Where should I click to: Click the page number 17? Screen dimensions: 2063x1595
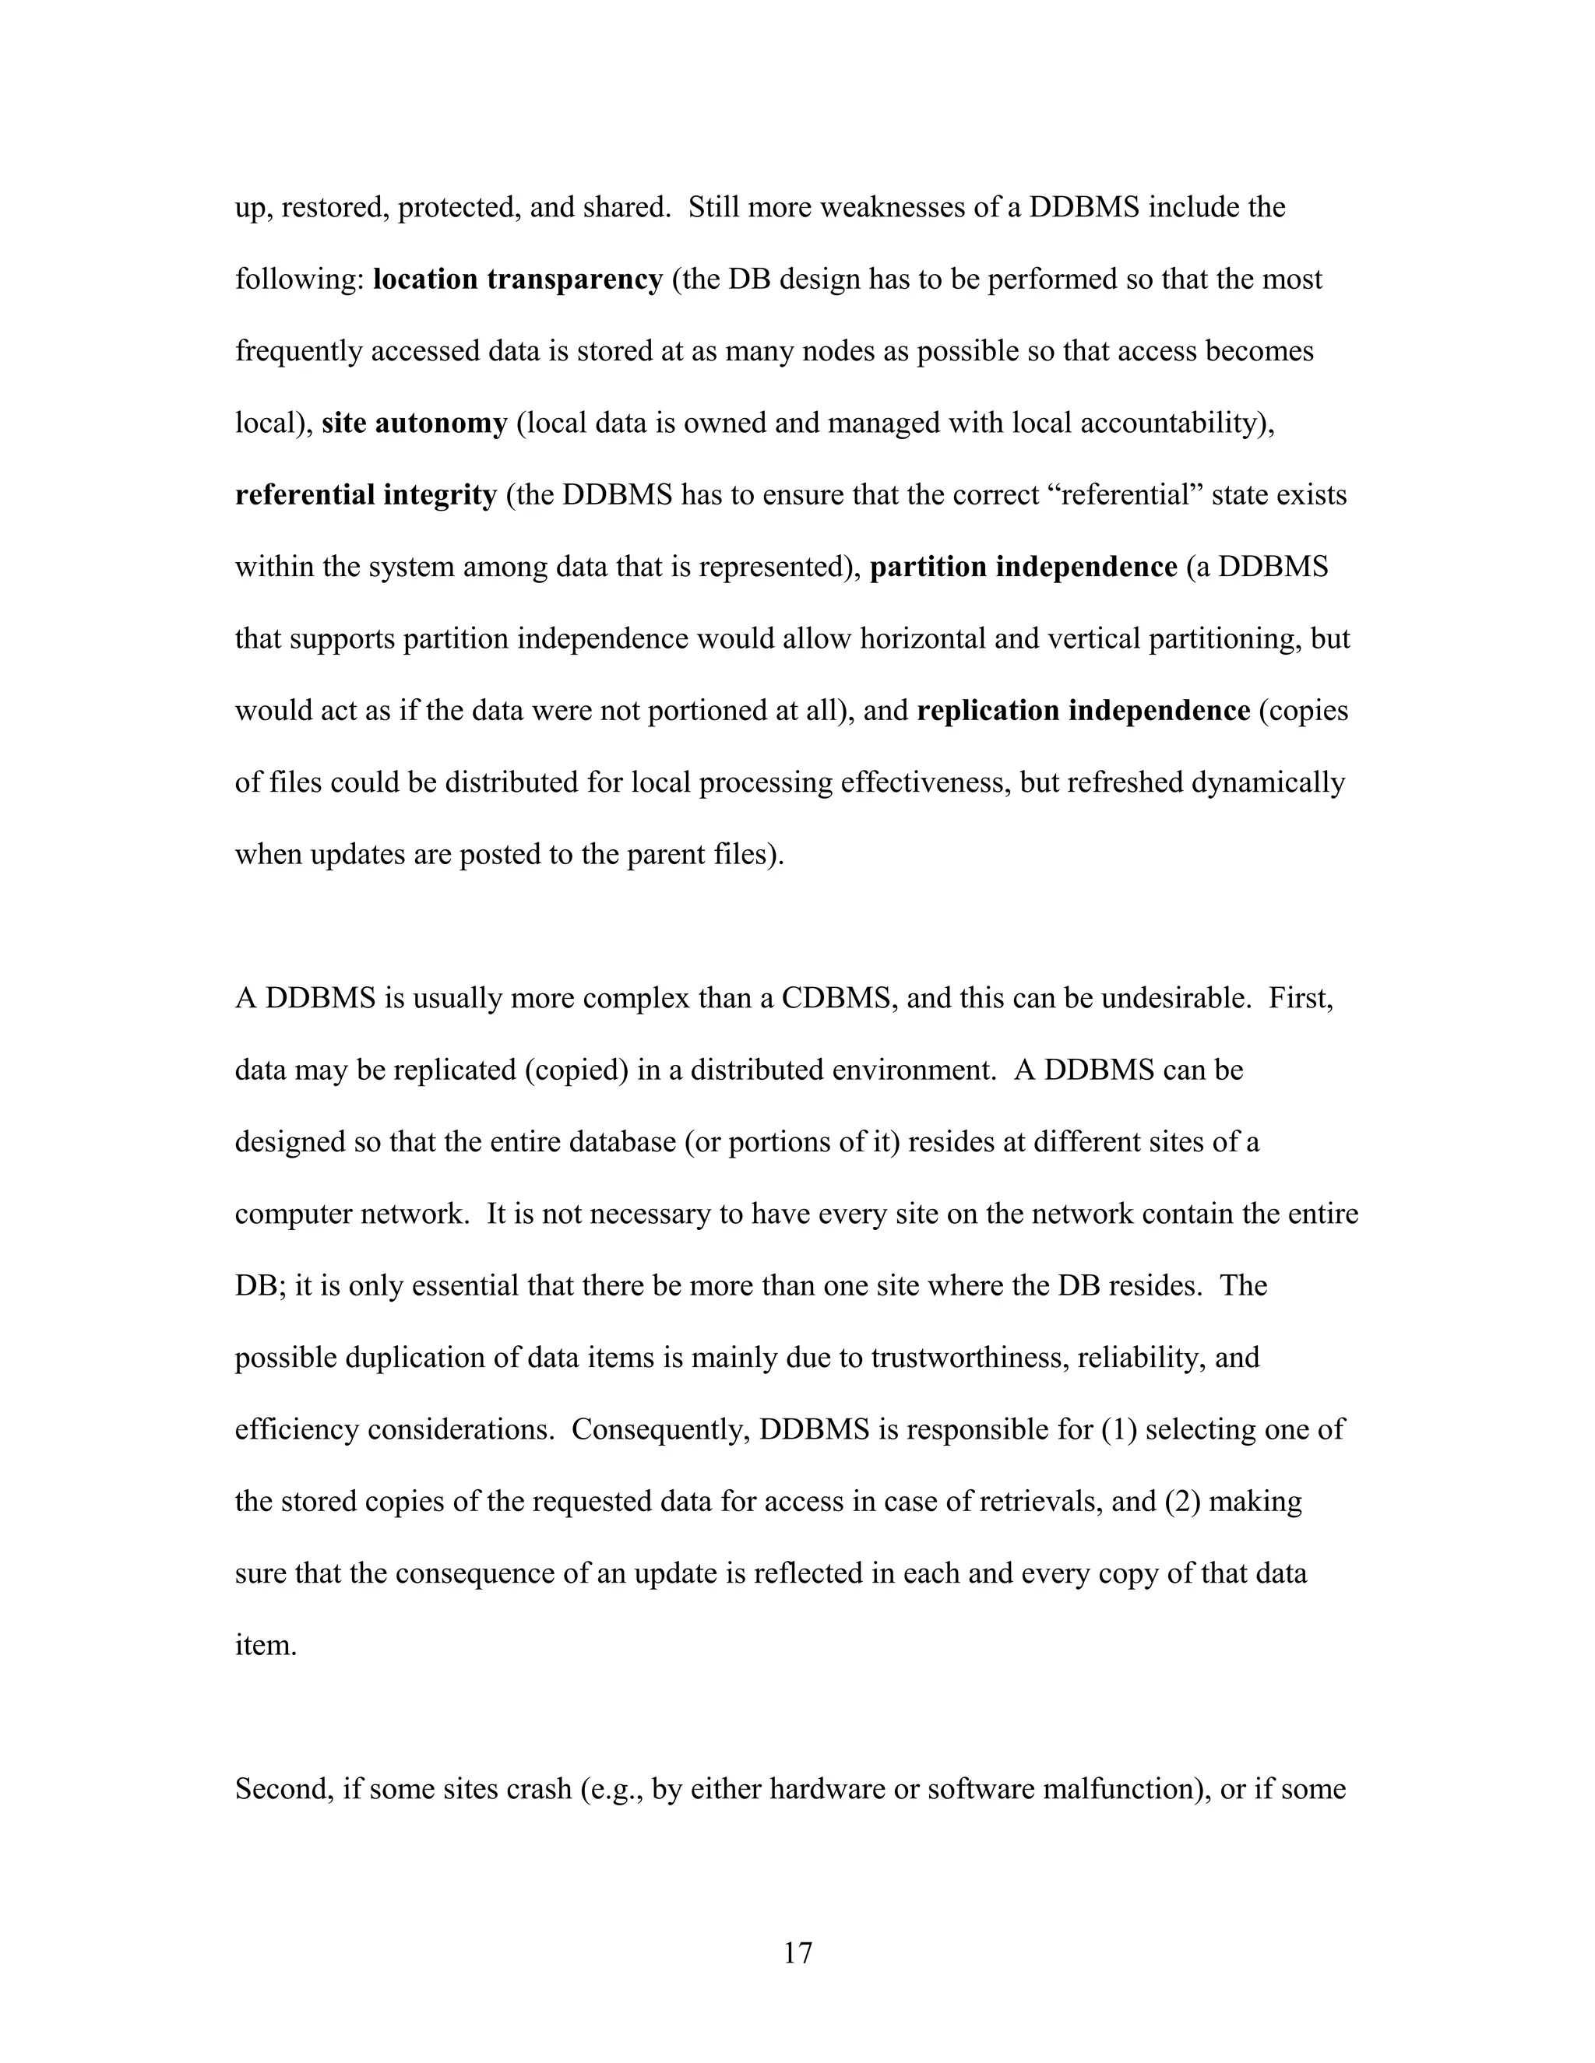pos(797,1952)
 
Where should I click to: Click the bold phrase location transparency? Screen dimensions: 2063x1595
pos(518,279)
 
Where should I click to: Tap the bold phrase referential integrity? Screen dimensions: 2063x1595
pos(366,495)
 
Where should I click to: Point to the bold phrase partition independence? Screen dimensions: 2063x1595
pos(1023,567)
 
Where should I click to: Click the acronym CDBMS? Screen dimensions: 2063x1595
pos(838,999)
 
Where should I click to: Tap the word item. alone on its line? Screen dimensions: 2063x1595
pos(266,1646)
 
